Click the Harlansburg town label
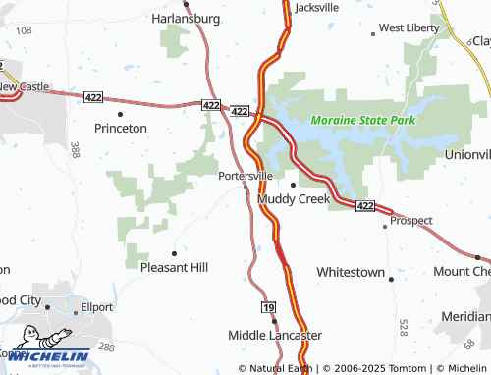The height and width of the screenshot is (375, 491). tap(191, 18)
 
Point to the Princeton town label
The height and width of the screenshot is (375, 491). tap(120, 128)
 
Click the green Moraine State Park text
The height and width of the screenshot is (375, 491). tap(362, 120)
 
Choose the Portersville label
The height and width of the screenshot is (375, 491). tap(245, 176)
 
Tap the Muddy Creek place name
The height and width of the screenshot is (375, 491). tap(294, 198)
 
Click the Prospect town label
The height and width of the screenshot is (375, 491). tap(410, 220)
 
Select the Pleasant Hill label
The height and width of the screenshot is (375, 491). tap(175, 266)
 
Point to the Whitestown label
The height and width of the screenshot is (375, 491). tap(351, 271)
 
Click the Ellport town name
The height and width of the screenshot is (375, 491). tap(97, 305)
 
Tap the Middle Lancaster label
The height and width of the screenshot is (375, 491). tap(275, 335)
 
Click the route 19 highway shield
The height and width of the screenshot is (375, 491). tap(268, 307)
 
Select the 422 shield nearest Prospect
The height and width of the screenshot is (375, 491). tap(365, 205)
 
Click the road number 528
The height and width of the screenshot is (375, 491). tap(404, 326)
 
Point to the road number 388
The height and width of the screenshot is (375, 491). tap(75, 150)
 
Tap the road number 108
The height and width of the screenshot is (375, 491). tap(24, 31)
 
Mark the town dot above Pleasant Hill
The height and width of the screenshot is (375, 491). tap(174, 252)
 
